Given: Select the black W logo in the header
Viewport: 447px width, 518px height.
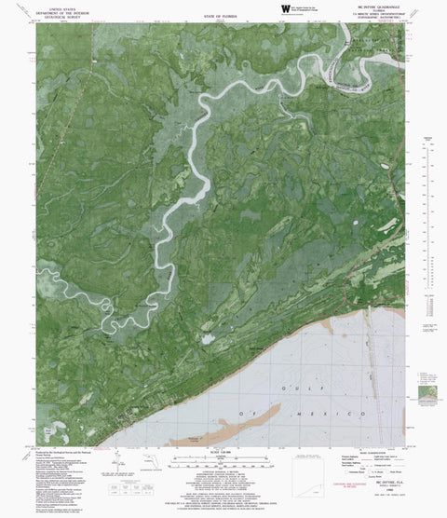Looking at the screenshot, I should [285, 10].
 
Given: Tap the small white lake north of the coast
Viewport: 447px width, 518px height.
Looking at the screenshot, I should [206, 339].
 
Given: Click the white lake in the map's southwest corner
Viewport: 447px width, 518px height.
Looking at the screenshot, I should [40, 434].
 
